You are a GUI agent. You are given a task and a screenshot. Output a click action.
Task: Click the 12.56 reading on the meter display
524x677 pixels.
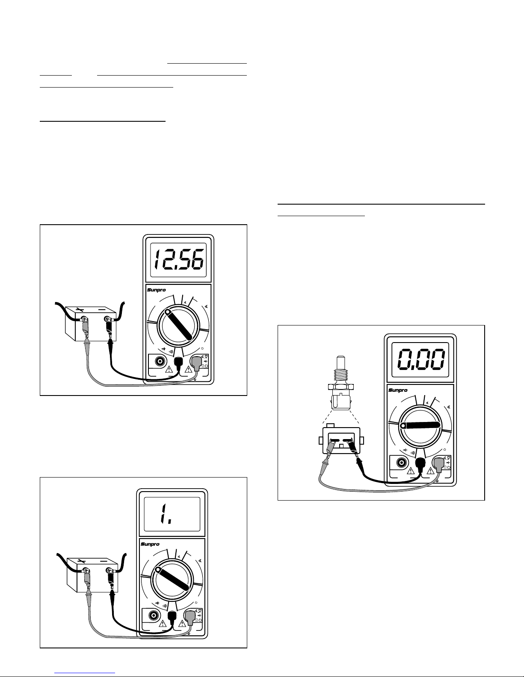pos(179,260)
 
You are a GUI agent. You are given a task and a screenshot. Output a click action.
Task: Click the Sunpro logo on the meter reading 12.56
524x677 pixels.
pos(157,290)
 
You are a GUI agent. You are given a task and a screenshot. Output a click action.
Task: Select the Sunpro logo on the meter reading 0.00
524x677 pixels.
pos(398,390)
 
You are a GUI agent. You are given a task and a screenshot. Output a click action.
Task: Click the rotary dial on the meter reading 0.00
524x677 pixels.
pos(420,425)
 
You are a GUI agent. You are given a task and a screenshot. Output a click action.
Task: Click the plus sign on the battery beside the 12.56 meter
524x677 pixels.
pos(80,310)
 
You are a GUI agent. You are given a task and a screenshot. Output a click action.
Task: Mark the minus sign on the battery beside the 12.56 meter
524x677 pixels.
pos(102,310)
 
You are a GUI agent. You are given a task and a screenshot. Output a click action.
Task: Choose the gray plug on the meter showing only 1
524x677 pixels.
pos(190,618)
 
